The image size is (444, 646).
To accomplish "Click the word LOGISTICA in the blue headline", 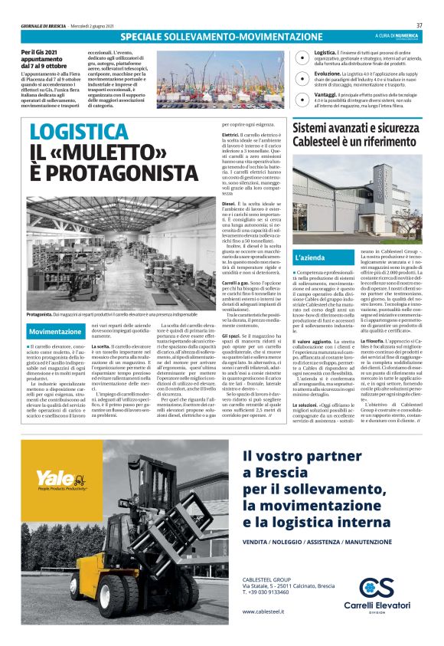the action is [79, 131].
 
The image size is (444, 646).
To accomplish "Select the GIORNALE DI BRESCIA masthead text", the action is [44, 25].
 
